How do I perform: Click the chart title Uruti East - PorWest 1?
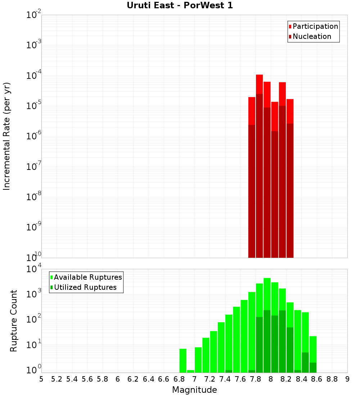(x=180, y=5)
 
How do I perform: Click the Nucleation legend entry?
(x=311, y=36)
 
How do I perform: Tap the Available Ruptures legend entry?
(x=87, y=277)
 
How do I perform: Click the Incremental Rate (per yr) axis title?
(x=7, y=136)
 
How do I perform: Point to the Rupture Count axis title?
(x=14, y=321)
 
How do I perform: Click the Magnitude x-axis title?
(x=194, y=390)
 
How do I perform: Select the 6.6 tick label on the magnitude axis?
(x=164, y=379)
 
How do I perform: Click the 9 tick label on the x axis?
(x=347, y=379)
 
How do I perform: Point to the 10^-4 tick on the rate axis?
(x=33, y=76)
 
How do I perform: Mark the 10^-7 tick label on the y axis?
(x=33, y=167)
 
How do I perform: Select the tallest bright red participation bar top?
(x=259, y=76)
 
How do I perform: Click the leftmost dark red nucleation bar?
(x=252, y=191)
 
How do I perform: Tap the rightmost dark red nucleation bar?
(x=290, y=191)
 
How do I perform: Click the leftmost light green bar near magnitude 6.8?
(x=183, y=360)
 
